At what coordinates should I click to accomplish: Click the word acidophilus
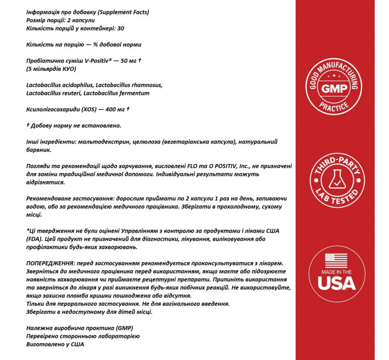click(72, 85)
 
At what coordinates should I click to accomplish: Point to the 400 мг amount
click(114, 109)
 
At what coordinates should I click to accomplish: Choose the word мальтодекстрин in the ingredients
click(89, 141)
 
